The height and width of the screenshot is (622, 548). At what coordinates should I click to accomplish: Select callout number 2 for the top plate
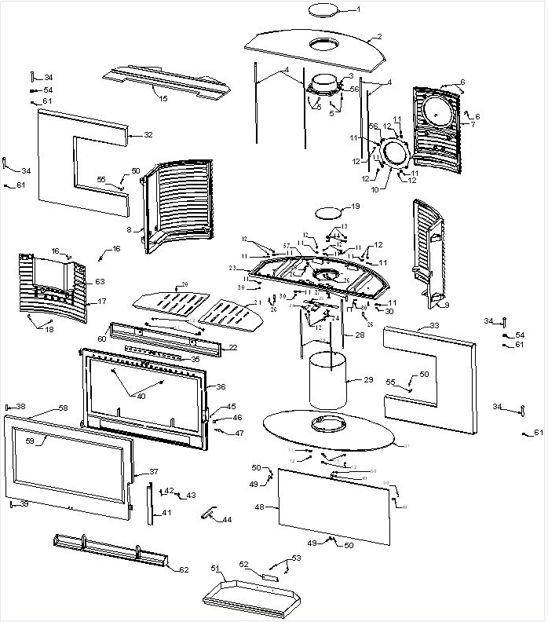coord(378,36)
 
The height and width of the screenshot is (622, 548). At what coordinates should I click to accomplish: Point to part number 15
coord(163,98)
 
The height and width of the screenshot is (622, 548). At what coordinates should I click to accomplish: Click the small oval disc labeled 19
coord(329,212)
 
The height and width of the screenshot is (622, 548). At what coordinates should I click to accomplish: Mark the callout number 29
coord(368,380)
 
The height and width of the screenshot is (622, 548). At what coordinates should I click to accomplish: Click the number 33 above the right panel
coord(434,325)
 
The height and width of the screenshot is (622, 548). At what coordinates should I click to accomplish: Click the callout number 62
coord(184,569)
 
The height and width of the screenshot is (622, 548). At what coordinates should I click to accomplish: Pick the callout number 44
coord(227,520)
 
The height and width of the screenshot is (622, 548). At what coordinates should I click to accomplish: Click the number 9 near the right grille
coord(445,306)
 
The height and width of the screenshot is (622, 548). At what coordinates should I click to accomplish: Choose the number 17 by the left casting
coord(102,302)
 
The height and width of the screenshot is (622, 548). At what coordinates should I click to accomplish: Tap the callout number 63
coord(100,281)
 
